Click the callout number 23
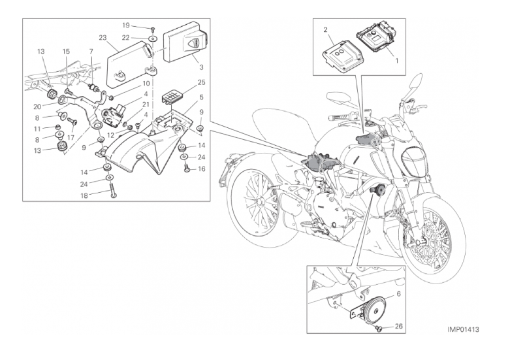(x=103, y=37)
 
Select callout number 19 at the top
(x=126, y=25)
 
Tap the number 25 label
(x=200, y=82)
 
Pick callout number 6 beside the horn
(x=400, y=294)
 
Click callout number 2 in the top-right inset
(x=325, y=29)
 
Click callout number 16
(x=200, y=169)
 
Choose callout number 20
(x=37, y=106)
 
